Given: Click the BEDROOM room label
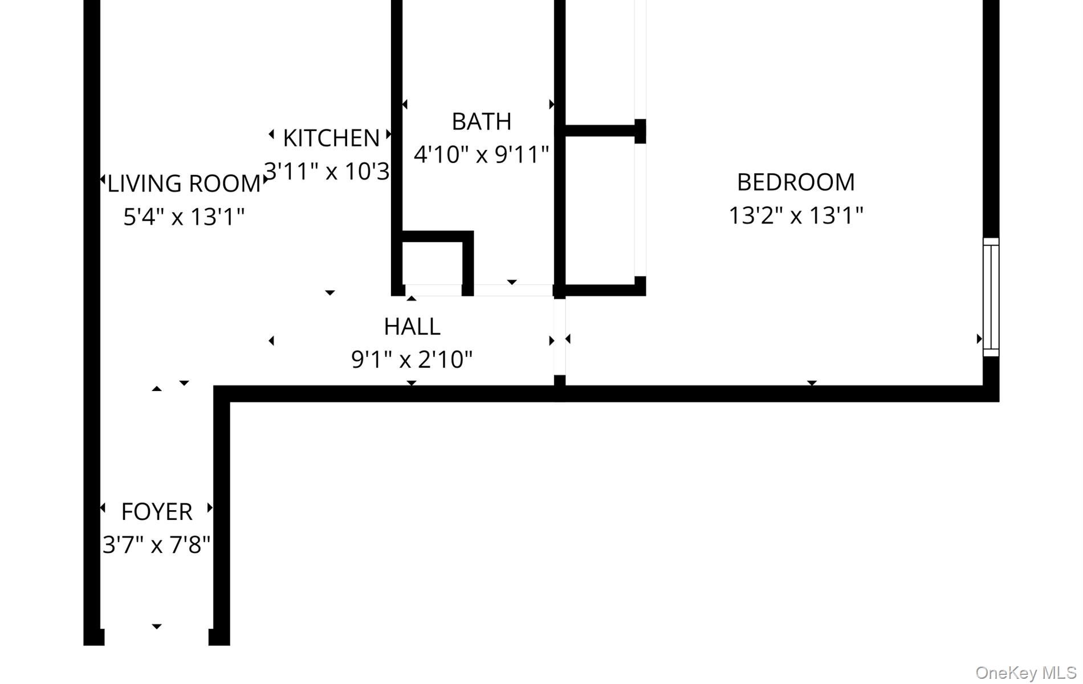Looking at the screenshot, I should pos(796,182).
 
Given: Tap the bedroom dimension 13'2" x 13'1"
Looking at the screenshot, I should pos(796,215).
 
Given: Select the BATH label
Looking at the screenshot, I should pos(481,121).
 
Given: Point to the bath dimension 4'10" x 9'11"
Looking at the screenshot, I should pos(481,154).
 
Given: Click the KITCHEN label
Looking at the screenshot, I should pos(331,138).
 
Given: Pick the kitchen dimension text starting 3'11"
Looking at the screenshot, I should pos(327,171).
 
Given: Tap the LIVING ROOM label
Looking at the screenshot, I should pos(184,184).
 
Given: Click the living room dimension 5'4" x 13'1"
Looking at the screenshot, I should pos(184,217).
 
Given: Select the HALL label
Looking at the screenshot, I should pos(412,327).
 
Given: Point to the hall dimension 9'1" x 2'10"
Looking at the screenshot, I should pos(412,360).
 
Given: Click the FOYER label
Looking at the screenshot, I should pos(157,512).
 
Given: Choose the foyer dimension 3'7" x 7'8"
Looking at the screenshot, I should pos(157,545).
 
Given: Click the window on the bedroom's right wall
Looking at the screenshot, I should pos(991,297).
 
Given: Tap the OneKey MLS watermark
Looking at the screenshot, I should pos(1025,673).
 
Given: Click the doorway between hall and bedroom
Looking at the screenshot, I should pos(560,336).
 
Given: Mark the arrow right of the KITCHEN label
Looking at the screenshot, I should pos(389,135).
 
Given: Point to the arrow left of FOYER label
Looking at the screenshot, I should pos(103,507).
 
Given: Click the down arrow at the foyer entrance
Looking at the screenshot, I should pos(157,626).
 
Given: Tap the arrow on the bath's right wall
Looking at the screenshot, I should pos(551,104).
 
